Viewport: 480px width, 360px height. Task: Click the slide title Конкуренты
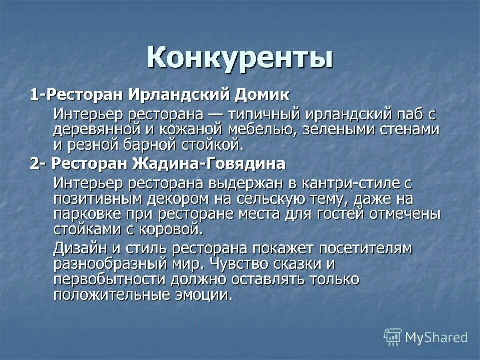pos(240,58)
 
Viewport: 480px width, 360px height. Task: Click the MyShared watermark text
pos(436,337)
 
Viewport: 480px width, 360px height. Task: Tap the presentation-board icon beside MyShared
pos(392,337)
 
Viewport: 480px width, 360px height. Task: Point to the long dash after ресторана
pos(215,114)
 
